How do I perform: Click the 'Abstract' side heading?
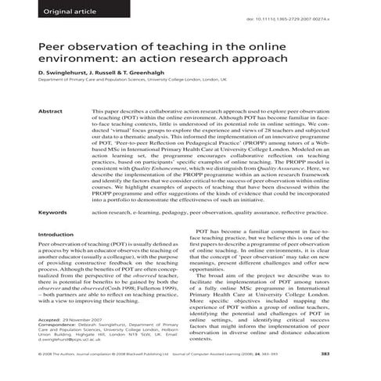pos(50,112)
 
